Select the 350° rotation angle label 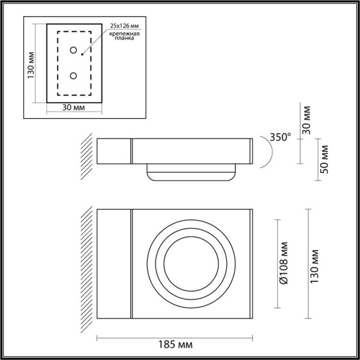point(279,137)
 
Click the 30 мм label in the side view point(307,119)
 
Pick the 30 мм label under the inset point(73,108)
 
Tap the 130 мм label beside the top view point(322,265)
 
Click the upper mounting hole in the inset point(74,50)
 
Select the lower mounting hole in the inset point(74,76)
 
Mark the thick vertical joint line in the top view point(131,265)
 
